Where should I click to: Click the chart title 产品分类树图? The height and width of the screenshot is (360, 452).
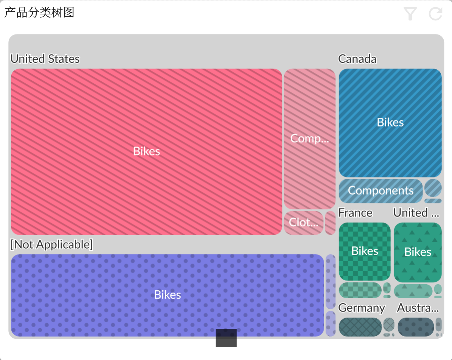click(39, 12)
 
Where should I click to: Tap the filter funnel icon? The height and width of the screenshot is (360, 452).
click(410, 14)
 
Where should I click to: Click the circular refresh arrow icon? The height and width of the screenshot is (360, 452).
click(436, 14)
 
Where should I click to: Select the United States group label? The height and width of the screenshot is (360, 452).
click(45, 59)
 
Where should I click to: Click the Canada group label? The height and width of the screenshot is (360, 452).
click(357, 59)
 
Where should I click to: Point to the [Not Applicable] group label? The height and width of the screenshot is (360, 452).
click(51, 245)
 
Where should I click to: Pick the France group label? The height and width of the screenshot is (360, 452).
click(355, 213)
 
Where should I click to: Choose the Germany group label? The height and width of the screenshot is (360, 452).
click(362, 308)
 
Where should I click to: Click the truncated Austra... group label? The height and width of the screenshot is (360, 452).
click(418, 308)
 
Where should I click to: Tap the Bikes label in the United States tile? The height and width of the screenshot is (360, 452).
click(147, 151)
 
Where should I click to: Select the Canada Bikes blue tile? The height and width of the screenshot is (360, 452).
click(390, 122)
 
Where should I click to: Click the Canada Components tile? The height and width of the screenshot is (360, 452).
click(381, 190)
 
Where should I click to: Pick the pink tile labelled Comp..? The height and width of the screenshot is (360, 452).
click(309, 139)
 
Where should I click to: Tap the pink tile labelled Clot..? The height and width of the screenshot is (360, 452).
click(303, 222)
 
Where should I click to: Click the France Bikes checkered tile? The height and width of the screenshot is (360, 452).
click(365, 251)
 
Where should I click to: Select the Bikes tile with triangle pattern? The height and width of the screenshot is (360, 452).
click(418, 252)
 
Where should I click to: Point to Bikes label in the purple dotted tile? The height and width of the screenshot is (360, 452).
click(168, 295)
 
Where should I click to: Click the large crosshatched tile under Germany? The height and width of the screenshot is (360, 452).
click(360, 327)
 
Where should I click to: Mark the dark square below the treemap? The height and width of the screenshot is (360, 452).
click(226, 338)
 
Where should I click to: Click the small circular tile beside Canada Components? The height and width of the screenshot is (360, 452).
click(433, 187)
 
